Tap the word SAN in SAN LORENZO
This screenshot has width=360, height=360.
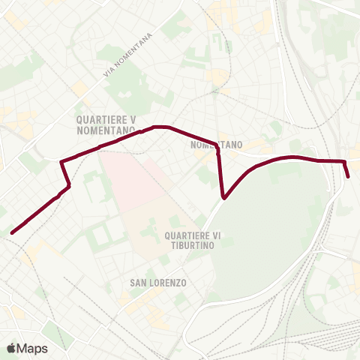coord(139,283)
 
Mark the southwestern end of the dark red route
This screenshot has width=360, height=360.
coord(13,232)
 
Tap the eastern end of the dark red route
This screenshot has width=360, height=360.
coord(349,176)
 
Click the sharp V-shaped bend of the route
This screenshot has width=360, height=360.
coord(224,198)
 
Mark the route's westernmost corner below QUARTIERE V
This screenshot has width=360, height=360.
coord(61,160)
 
